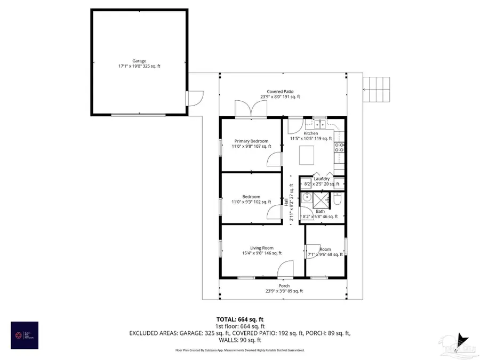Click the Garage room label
click(139, 63)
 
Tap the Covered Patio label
click(280, 94)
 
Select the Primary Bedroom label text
click(251, 143)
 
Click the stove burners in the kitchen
click(339, 147)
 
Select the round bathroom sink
click(306, 198)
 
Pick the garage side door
click(195, 99)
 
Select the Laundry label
click(322, 179)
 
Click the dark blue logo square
click(25, 335)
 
